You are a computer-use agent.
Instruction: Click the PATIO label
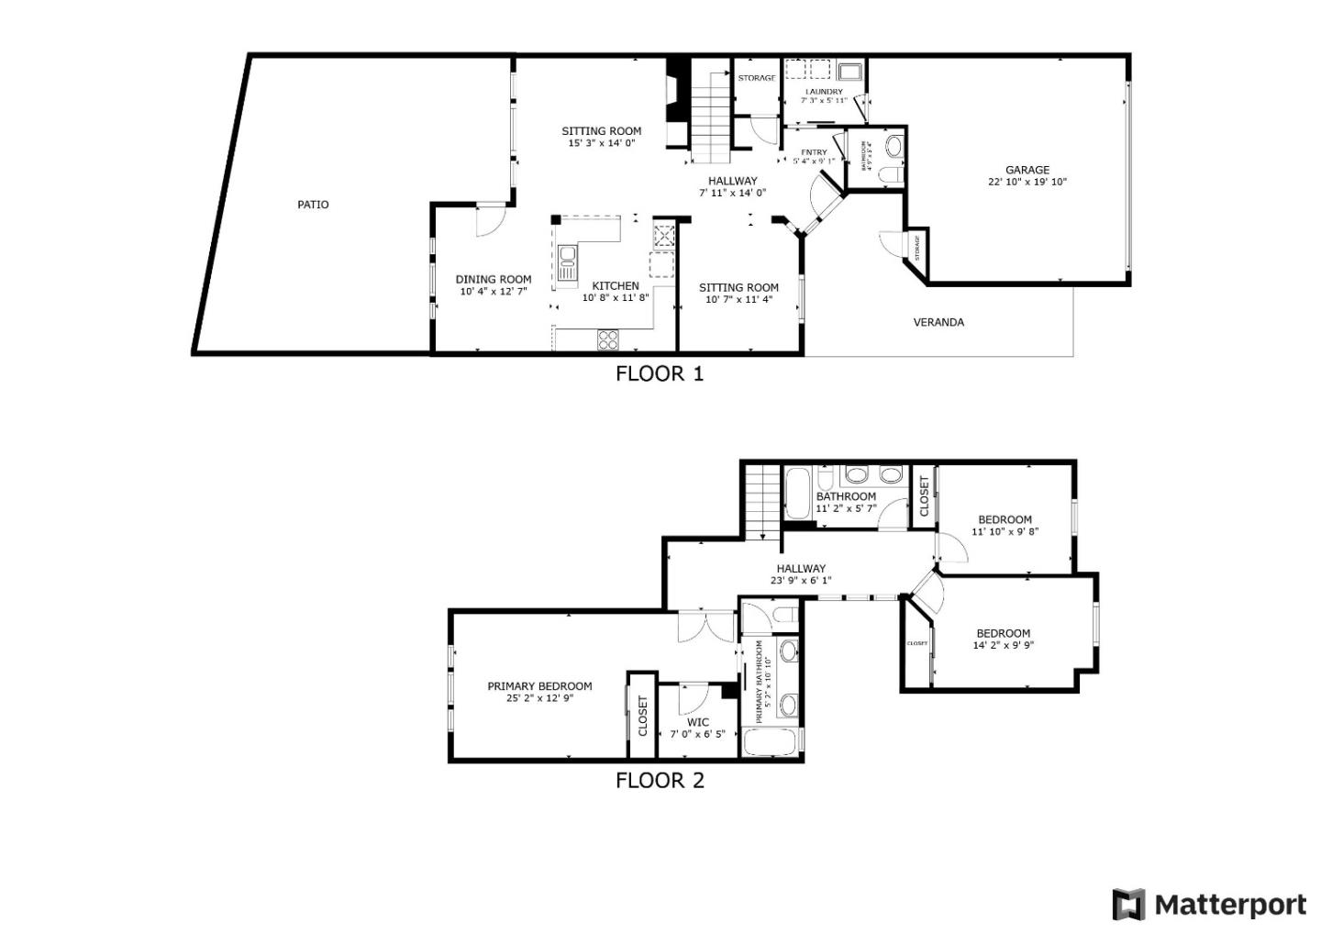[x=313, y=205]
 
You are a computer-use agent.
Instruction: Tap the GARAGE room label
[x=1027, y=170]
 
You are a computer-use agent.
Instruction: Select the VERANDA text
[x=938, y=322]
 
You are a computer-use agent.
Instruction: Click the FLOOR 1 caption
[x=659, y=373]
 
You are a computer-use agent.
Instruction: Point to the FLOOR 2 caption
[x=659, y=781]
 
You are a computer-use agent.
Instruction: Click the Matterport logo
[x=1209, y=905]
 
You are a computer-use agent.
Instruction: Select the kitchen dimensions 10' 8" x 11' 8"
[x=615, y=297]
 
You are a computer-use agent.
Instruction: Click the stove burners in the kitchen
[x=608, y=339]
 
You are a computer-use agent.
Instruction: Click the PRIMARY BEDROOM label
[x=539, y=685]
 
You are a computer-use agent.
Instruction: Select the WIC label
[x=697, y=722]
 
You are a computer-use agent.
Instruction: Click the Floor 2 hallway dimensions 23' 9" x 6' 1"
[x=801, y=580]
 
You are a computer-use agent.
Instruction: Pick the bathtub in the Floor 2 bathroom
[x=796, y=494]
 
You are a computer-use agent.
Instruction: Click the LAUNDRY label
[x=824, y=92]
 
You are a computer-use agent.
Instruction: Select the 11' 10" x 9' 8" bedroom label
[x=1005, y=519]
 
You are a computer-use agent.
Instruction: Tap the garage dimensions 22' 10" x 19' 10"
[x=1027, y=182]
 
